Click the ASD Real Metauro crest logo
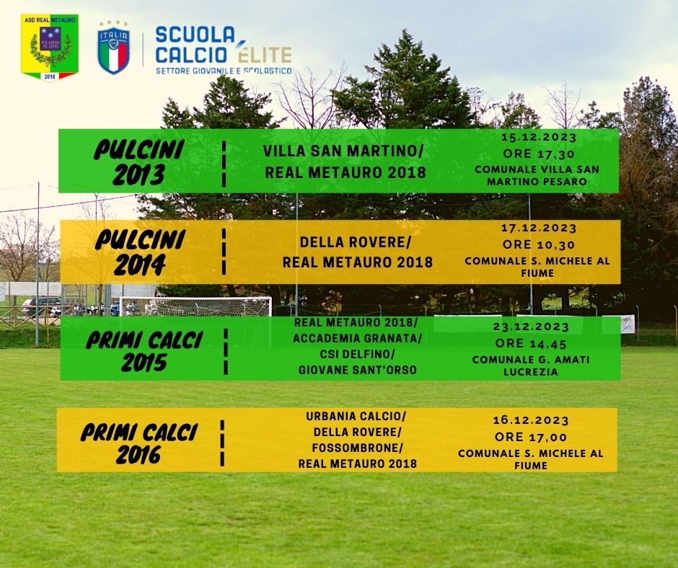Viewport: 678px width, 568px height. tap(50, 48)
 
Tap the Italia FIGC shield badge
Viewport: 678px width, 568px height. tap(113, 48)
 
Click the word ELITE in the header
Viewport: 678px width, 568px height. tap(265, 55)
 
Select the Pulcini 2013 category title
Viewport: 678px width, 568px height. tap(139, 162)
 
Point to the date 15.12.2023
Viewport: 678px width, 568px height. tap(539, 138)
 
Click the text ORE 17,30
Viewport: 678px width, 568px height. tap(539, 154)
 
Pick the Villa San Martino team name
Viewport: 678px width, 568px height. tap(343, 151)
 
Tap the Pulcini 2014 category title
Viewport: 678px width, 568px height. tap(140, 252)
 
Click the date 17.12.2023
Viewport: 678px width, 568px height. tap(539, 228)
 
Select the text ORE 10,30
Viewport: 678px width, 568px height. tap(539, 244)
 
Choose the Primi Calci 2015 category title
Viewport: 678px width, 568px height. tap(144, 351)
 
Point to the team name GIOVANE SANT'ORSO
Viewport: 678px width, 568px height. tap(358, 370)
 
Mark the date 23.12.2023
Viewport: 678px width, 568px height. tap(531, 327)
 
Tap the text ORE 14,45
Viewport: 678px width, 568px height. tap(531, 344)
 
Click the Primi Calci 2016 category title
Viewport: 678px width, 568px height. tap(139, 443)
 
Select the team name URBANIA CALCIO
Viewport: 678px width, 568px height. tap(356, 417)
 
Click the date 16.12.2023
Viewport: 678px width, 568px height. tap(531, 420)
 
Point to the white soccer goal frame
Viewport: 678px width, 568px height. tap(195, 298)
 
